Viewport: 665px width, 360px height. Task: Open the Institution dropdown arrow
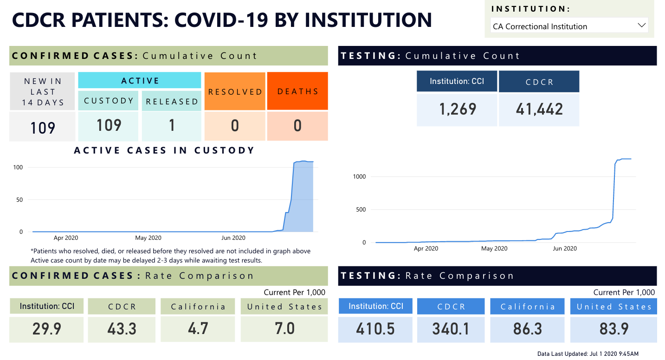(642, 26)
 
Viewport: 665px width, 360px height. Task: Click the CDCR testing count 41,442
(539, 109)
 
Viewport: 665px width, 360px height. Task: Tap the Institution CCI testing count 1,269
(457, 109)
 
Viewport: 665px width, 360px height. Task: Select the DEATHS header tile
(297, 91)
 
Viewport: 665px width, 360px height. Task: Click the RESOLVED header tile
(235, 91)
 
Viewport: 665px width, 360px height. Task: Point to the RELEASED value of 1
(172, 126)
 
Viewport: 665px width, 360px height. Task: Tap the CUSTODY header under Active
(109, 101)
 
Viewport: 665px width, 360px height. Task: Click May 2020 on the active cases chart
(148, 238)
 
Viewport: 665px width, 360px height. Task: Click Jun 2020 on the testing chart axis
(564, 249)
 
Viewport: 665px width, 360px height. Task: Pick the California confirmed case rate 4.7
(198, 328)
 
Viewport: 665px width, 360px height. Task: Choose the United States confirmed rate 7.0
(284, 328)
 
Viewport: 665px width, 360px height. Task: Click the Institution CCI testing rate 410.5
(375, 328)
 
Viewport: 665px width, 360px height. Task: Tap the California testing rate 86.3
(527, 328)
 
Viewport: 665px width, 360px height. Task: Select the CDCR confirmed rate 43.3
(122, 328)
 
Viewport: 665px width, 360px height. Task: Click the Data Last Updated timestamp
(588, 354)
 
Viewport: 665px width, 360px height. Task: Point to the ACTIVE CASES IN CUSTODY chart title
(164, 150)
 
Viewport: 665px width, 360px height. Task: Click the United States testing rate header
(613, 307)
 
